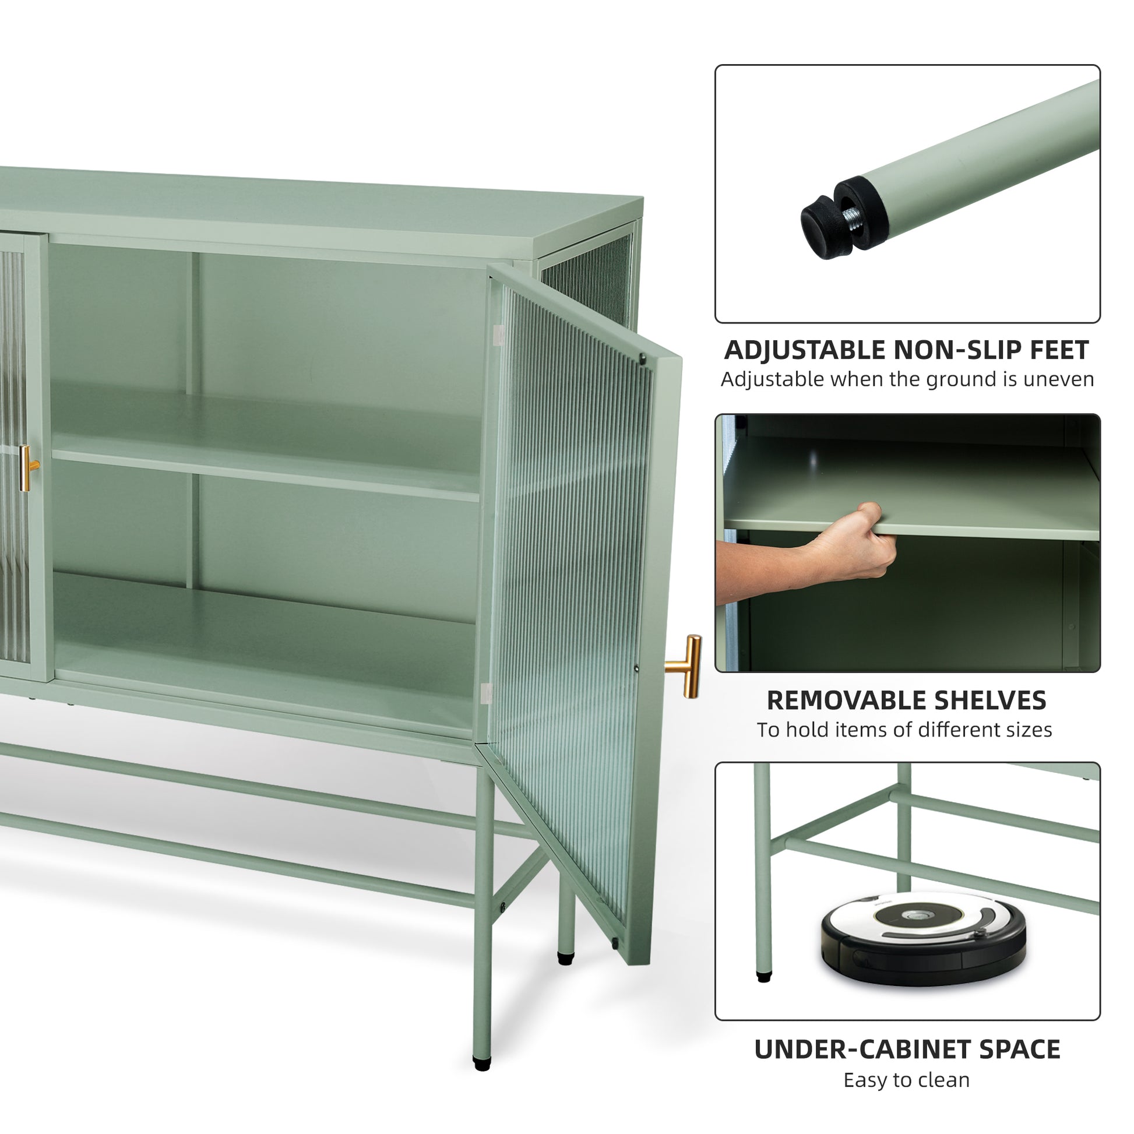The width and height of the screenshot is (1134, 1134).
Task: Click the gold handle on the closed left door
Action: coord(27,468)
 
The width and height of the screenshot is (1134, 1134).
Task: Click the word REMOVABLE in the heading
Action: coord(844,700)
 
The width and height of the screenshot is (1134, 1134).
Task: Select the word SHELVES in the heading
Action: coord(990,700)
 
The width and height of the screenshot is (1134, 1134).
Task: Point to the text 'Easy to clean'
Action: coord(907,1080)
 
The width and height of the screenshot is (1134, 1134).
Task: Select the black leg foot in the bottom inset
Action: coord(763,978)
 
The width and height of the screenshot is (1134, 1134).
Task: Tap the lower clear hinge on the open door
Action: coord(485,693)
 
